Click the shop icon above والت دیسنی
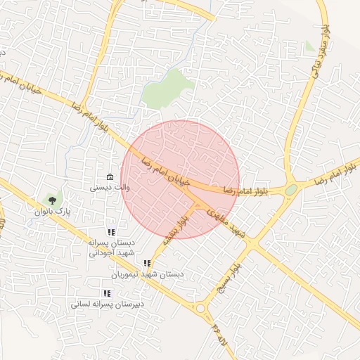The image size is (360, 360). (x=109, y=176)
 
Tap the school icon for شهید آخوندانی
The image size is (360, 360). (x=110, y=232)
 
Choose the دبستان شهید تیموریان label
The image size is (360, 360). (x=151, y=274)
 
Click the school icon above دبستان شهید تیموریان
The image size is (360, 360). (x=147, y=263)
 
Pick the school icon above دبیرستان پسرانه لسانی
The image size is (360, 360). (x=107, y=293)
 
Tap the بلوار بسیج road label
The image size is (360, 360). (x=229, y=276)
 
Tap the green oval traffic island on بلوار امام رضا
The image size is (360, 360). (x=290, y=190)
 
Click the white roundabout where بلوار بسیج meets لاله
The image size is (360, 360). (x=203, y=307)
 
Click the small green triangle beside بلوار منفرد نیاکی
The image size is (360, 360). (x=310, y=46)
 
